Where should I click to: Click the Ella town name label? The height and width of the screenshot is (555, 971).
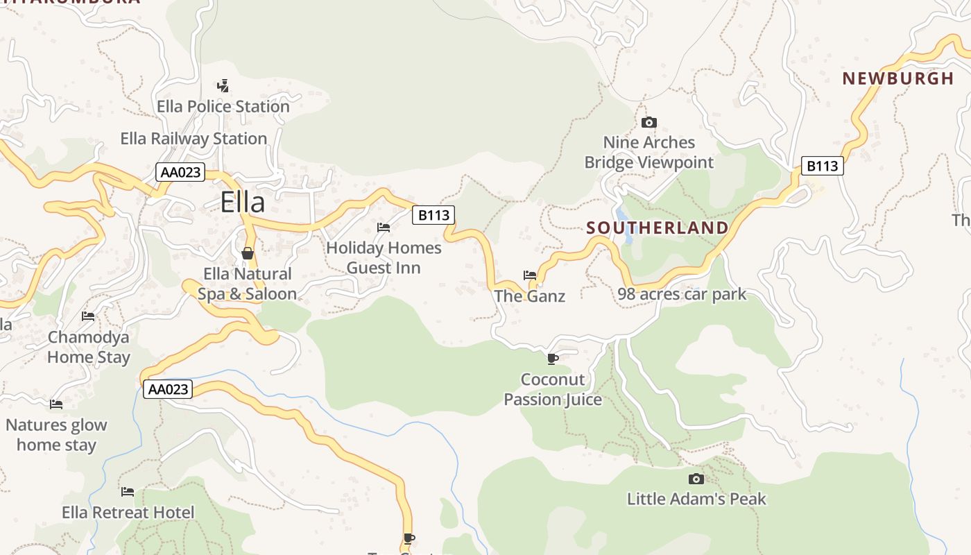[x=243, y=202]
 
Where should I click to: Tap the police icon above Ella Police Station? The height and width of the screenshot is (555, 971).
[x=223, y=86]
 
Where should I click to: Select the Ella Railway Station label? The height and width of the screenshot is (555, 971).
[x=194, y=139]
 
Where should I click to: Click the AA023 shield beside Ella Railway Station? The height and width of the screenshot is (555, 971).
[x=180, y=172]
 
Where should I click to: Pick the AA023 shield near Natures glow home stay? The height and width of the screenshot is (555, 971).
[x=168, y=389]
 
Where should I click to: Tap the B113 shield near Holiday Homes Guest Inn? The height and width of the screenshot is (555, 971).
[x=433, y=215]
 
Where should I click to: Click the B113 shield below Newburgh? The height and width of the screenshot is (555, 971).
[x=823, y=166]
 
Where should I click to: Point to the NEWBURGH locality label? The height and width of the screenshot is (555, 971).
[x=898, y=78]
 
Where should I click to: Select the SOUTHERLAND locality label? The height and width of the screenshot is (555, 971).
[x=658, y=228]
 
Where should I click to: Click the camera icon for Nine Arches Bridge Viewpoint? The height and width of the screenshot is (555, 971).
[x=649, y=123]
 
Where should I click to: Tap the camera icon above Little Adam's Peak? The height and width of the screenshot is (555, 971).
[x=696, y=479]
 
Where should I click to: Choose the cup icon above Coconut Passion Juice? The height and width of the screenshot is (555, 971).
[x=552, y=359]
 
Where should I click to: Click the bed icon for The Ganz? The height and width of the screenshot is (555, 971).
[x=530, y=275]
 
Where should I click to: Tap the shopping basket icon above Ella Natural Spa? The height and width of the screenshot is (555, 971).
[x=247, y=253]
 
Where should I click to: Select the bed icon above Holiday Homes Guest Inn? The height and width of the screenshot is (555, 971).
[x=384, y=228]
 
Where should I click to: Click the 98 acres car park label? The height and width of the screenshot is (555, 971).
[x=682, y=294]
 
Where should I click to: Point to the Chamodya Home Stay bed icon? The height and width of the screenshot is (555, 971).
[x=88, y=316]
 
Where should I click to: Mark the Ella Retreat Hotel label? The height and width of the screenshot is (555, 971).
[x=128, y=513]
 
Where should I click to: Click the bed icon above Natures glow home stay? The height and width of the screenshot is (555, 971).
[x=56, y=404]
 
